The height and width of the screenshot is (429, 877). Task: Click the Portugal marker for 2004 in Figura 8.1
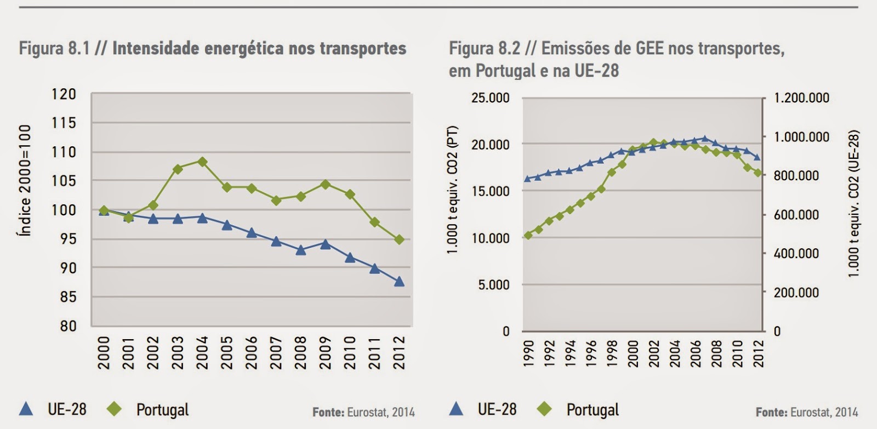pyautogui.click(x=202, y=162)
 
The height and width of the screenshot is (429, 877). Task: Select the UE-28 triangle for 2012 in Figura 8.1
pyautogui.click(x=399, y=282)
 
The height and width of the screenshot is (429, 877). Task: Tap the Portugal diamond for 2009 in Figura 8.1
pyautogui.click(x=325, y=184)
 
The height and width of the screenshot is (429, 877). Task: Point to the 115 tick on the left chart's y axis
pyautogui.click(x=64, y=123)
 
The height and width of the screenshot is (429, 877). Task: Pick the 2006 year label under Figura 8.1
pyautogui.click(x=252, y=353)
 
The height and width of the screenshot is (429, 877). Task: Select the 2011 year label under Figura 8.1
pyautogui.click(x=374, y=353)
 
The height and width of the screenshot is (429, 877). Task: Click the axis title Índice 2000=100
pyautogui.click(x=25, y=180)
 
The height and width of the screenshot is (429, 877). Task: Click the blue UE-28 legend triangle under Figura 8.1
pyautogui.click(x=26, y=409)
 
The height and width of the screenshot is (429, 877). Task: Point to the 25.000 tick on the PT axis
pyautogui.click(x=490, y=98)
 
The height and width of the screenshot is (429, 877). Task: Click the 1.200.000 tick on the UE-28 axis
pyautogui.click(x=801, y=98)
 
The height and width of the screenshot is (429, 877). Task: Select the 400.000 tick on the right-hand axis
pyautogui.click(x=796, y=254)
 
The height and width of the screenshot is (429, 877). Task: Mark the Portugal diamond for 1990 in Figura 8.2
pyautogui.click(x=528, y=236)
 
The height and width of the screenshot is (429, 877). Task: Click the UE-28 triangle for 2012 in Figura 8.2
pyautogui.click(x=758, y=157)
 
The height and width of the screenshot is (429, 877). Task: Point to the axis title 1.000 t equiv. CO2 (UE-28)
pyautogui.click(x=853, y=203)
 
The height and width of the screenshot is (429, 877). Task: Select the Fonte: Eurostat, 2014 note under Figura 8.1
pyautogui.click(x=363, y=412)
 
